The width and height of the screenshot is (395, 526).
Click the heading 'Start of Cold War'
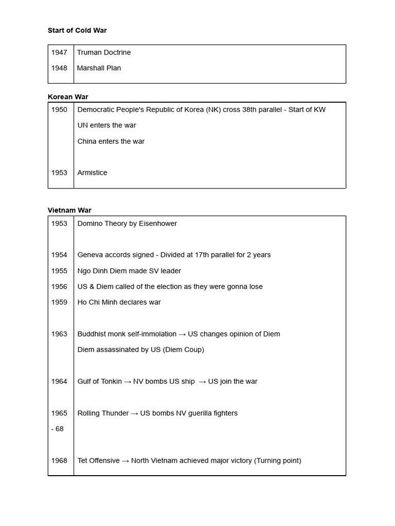77,30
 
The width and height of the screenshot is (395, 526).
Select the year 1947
59,52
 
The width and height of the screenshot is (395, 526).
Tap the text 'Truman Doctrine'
104,52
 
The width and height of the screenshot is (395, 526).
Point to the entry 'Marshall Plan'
99,68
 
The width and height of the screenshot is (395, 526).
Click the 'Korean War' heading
68,97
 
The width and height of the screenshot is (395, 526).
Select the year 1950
59,109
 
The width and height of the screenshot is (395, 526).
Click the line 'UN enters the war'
106,125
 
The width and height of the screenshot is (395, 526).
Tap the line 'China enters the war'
111,141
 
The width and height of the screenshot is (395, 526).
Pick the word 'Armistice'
92,173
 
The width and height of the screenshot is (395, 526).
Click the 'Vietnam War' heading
69,210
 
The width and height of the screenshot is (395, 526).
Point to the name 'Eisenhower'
158,223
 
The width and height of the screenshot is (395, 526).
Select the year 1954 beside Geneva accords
59,255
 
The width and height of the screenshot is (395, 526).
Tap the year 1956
59,287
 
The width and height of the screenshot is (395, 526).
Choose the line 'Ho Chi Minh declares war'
119,302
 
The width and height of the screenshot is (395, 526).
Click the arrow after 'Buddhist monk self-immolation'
182,334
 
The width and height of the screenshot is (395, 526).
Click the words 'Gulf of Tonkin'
100,381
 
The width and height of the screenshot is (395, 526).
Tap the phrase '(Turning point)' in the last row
277,460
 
